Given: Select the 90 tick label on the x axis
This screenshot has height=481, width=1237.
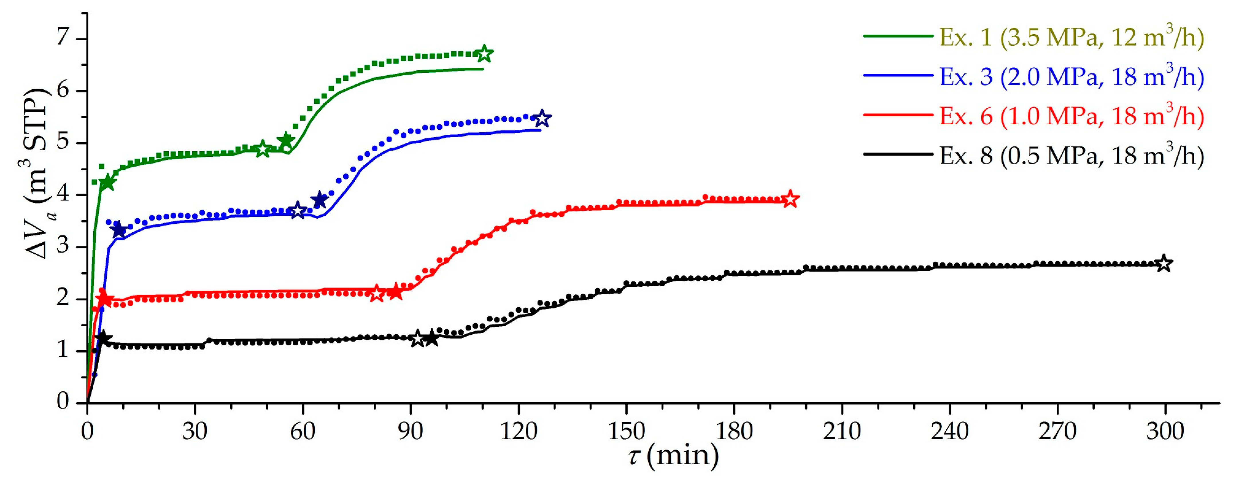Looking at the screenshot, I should [411, 432].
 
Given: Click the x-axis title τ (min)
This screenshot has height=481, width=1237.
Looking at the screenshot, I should [673, 455].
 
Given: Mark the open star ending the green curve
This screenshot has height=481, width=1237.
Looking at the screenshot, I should [484, 54].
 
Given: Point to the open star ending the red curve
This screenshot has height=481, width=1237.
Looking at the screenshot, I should [790, 198].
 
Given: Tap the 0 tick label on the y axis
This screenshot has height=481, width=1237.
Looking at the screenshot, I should [63, 401].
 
